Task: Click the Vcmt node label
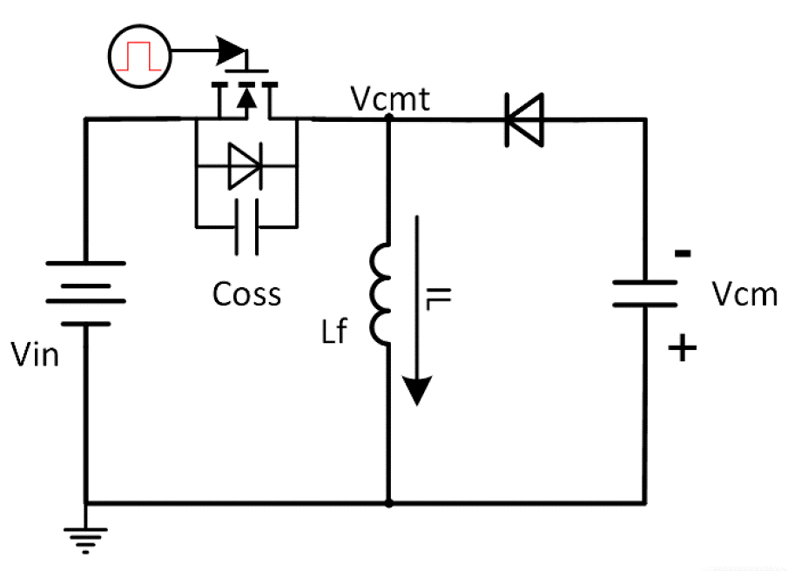[391, 99]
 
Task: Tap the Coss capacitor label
[246, 294]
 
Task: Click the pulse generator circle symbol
[139, 55]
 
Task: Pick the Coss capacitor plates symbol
[246, 227]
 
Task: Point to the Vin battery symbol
[85, 292]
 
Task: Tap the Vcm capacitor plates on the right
[645, 292]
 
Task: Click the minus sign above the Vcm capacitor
[684, 254]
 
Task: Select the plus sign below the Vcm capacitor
[684, 349]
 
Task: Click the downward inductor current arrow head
[418, 389]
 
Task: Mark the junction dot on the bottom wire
[388, 503]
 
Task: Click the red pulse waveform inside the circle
[139, 56]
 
